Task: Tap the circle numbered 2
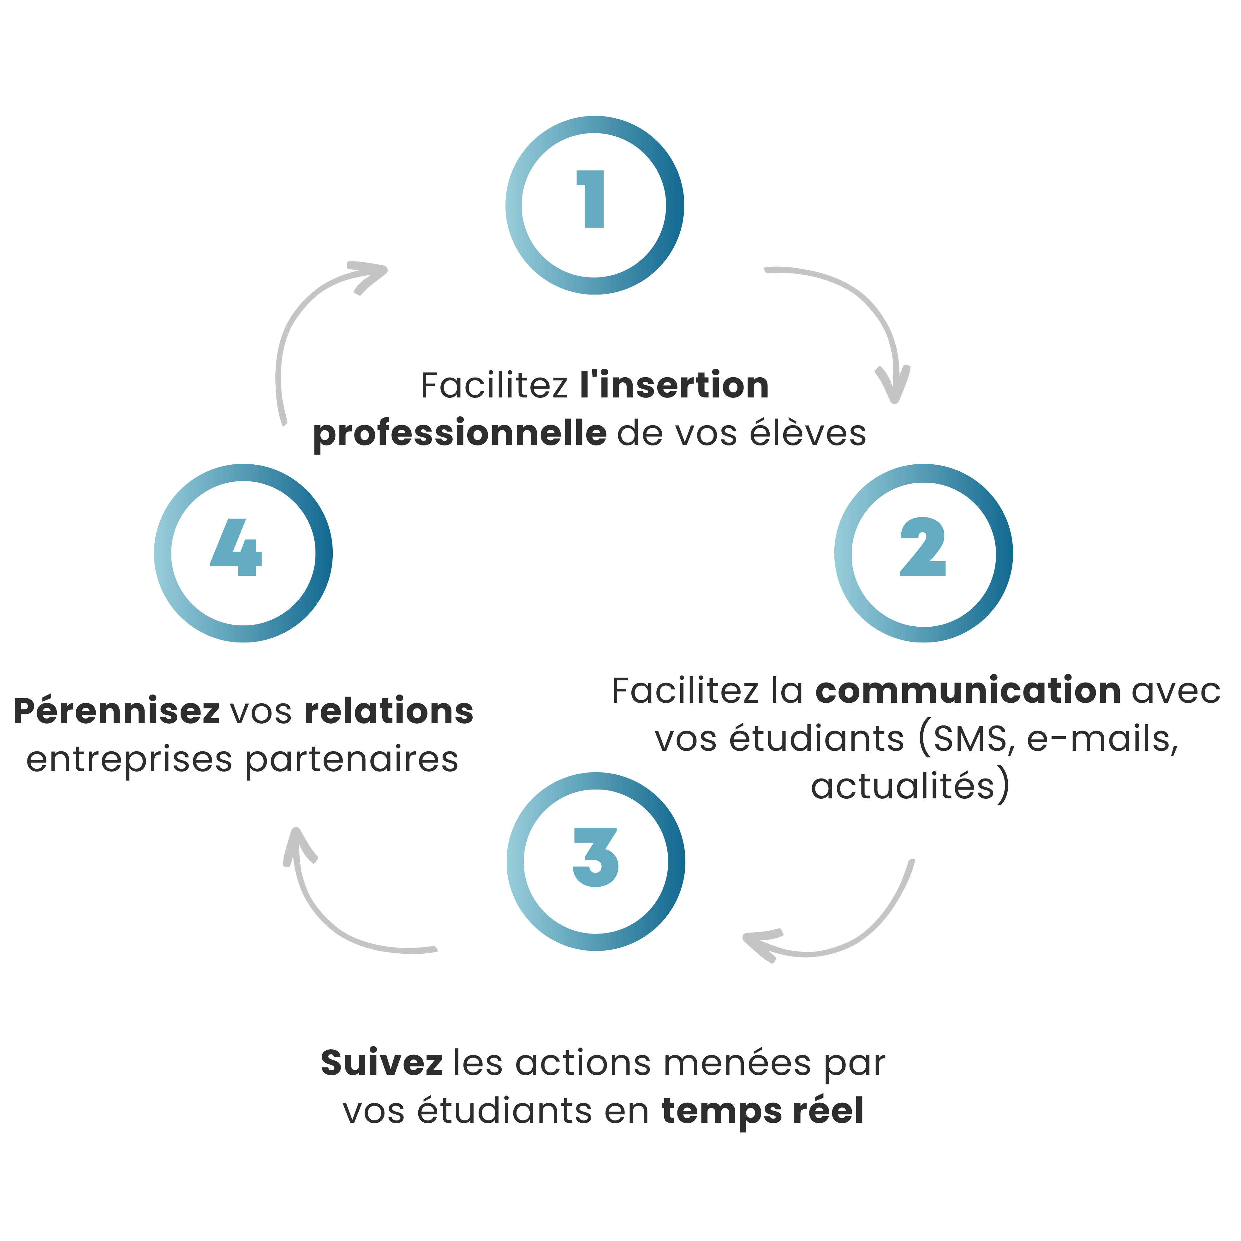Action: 923,553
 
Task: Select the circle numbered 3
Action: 595,862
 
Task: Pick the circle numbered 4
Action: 243,553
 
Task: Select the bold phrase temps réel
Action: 762,1111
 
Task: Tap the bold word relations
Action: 389,711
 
